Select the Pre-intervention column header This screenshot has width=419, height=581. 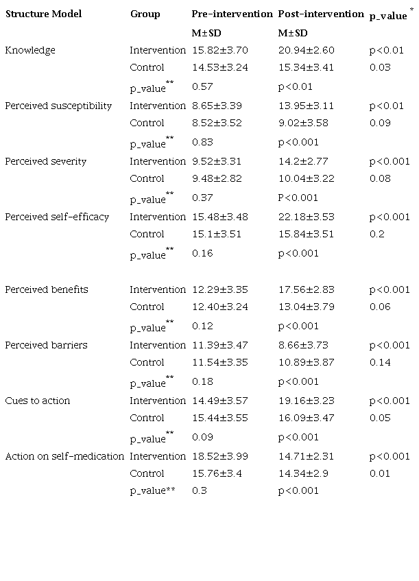point(232,14)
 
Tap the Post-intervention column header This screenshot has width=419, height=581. point(321,14)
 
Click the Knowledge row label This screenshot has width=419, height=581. point(30,50)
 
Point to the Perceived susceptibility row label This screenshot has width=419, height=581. point(58,106)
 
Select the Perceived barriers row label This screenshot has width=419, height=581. point(46,345)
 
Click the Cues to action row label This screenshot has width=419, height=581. point(38,401)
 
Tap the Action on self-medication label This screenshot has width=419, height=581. point(64,456)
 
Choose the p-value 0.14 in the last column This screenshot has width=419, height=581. point(379,362)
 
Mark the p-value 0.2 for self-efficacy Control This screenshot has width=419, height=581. point(376,234)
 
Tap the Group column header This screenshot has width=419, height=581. point(145,14)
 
